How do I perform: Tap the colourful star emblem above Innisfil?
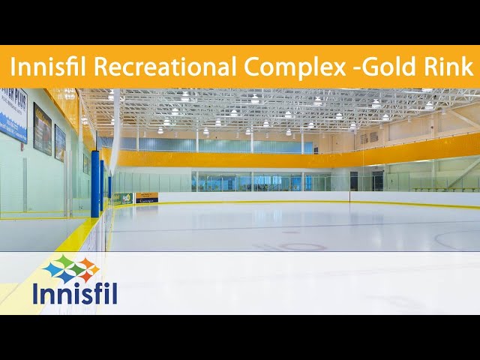(x=71, y=268)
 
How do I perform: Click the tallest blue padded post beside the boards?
(x=95, y=184)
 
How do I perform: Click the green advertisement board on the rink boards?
(x=122, y=199)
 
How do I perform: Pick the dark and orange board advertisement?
(x=146, y=198)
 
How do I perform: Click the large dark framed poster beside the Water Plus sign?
(x=42, y=128)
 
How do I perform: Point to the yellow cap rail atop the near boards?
(x=75, y=238)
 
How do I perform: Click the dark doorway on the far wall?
(x=353, y=181)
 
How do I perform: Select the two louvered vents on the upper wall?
(x=368, y=137)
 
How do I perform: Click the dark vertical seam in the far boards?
(x=349, y=197)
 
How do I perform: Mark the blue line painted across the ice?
(x=300, y=224)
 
